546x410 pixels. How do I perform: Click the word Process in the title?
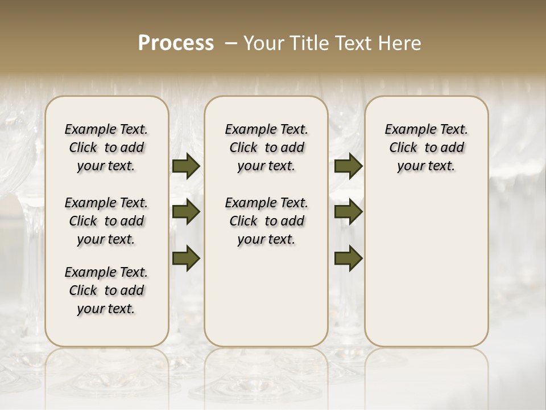pyautogui.click(x=176, y=43)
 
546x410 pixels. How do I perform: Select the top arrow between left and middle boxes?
pyautogui.click(x=186, y=166)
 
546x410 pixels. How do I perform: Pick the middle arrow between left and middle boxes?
pyautogui.click(x=186, y=212)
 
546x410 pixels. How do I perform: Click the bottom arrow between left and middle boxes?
pyautogui.click(x=186, y=258)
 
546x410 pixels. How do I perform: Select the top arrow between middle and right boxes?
pyautogui.click(x=348, y=166)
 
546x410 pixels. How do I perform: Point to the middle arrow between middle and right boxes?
pyautogui.click(x=348, y=212)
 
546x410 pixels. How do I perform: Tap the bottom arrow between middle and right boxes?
pyautogui.click(x=348, y=258)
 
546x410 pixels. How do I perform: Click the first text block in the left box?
pyautogui.click(x=106, y=147)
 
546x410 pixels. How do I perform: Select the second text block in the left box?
pyautogui.click(x=106, y=221)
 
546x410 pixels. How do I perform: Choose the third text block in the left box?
pyautogui.click(x=106, y=290)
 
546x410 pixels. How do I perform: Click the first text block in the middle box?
pyautogui.click(x=266, y=147)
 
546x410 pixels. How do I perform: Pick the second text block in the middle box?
pyautogui.click(x=266, y=221)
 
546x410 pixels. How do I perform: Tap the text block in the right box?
pyautogui.click(x=426, y=147)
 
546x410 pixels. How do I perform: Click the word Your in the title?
pyautogui.click(x=264, y=43)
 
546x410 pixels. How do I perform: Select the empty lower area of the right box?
pyautogui.click(x=426, y=268)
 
